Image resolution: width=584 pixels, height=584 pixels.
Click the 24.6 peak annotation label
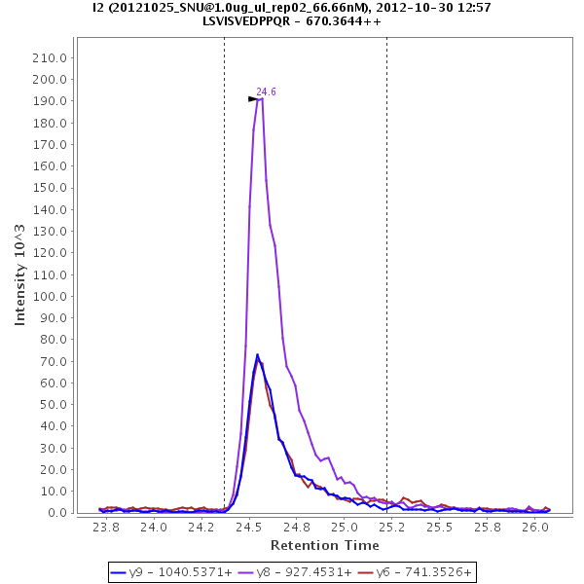pyautogui.click(x=266, y=91)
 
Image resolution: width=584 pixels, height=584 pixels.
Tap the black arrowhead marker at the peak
pyautogui.click(x=253, y=99)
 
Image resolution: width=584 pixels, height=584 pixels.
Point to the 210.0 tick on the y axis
pyautogui.click(x=49, y=57)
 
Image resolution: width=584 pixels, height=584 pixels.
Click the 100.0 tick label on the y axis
pyautogui.click(x=49, y=296)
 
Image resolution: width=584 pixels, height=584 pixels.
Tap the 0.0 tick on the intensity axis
pyautogui.click(x=56, y=513)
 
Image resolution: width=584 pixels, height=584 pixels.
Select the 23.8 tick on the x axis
pyautogui.click(x=105, y=528)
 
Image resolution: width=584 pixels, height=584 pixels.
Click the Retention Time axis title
pyautogui.click(x=324, y=545)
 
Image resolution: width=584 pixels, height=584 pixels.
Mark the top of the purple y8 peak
pyautogui.click(x=260, y=98)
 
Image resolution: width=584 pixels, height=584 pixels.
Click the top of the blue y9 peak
pyautogui.click(x=258, y=354)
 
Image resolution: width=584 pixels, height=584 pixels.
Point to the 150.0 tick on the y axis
pyautogui.click(x=49, y=188)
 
